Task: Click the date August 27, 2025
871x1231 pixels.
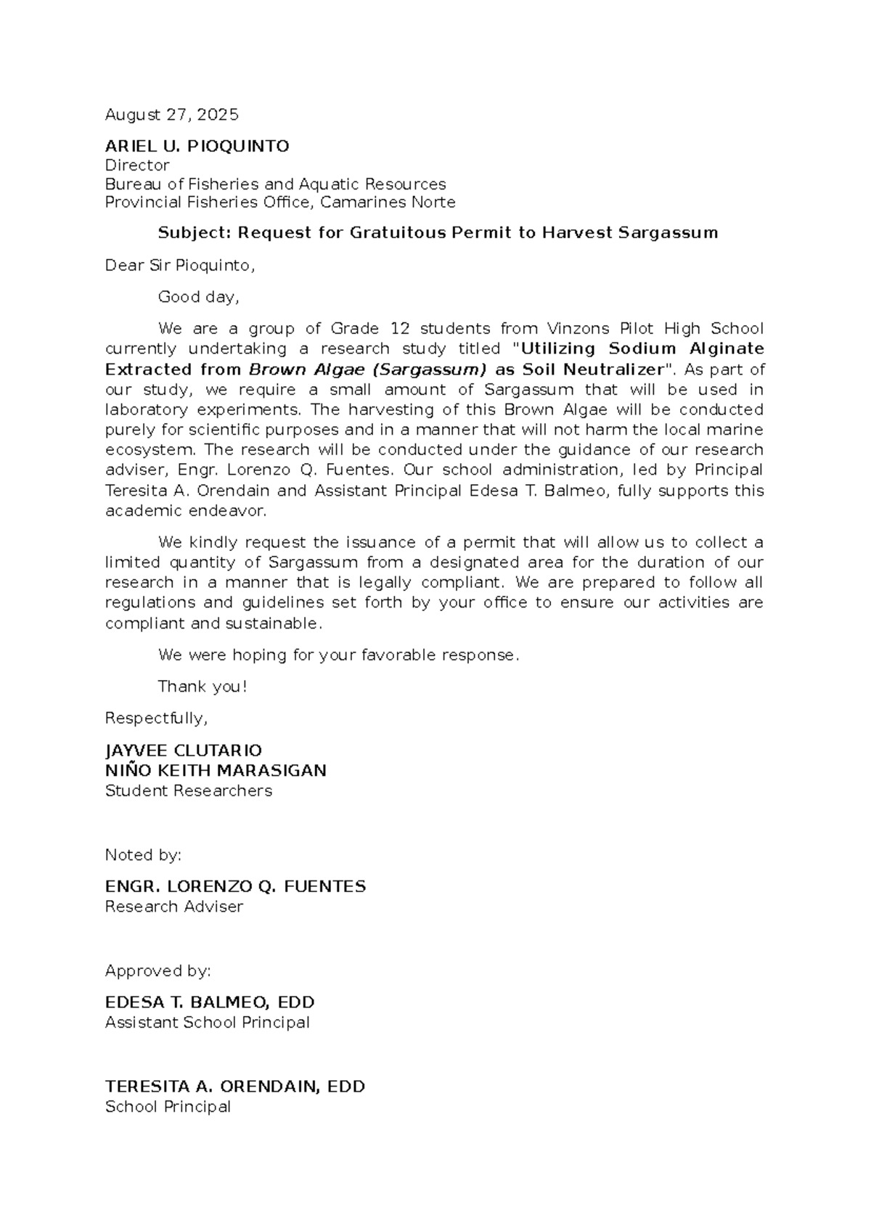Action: pyautogui.click(x=171, y=115)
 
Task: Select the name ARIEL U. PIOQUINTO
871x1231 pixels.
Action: pyautogui.click(x=197, y=147)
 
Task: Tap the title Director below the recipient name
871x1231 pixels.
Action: pyautogui.click(x=137, y=165)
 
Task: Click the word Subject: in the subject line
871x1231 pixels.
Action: pyautogui.click(x=194, y=233)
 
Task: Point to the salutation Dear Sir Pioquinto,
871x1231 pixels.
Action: pyautogui.click(x=180, y=266)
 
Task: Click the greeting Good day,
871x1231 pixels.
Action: pyautogui.click(x=198, y=297)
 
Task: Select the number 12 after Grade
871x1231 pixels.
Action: pyautogui.click(x=400, y=329)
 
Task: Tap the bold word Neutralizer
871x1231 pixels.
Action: pyautogui.click(x=613, y=369)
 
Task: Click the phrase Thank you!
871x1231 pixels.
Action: pyautogui.click(x=203, y=687)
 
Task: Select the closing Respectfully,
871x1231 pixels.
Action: pyautogui.click(x=156, y=719)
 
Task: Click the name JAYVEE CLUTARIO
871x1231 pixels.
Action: pyautogui.click(x=183, y=751)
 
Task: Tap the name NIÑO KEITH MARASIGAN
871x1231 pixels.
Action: pyautogui.click(x=216, y=771)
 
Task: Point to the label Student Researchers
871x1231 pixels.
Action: pyautogui.click(x=188, y=791)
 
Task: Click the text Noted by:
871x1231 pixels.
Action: pyautogui.click(x=143, y=855)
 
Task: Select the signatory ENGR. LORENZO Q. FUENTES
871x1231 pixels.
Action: pyautogui.click(x=235, y=887)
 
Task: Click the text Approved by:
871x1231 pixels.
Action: pyautogui.click(x=158, y=971)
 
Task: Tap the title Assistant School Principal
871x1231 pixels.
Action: pyautogui.click(x=207, y=1023)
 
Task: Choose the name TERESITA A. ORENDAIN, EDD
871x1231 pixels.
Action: pyautogui.click(x=234, y=1087)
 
